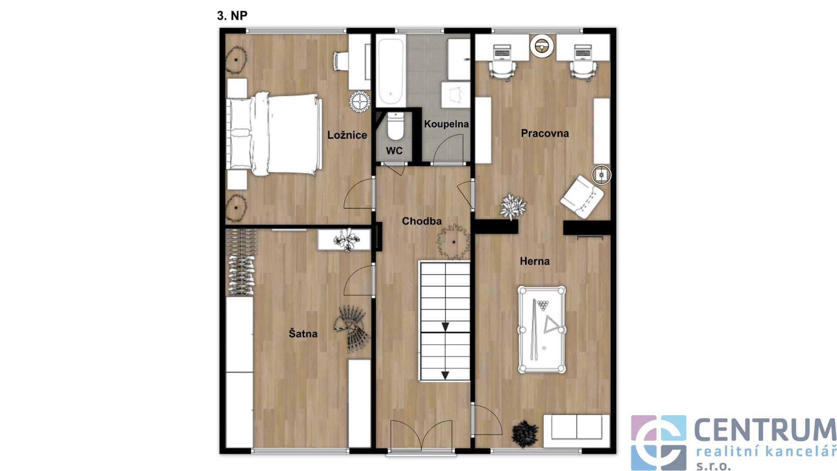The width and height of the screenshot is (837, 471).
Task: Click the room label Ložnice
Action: click(x=347, y=135)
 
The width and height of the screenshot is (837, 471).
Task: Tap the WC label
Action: click(x=394, y=151)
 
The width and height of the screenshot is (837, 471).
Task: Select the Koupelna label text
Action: click(x=446, y=124)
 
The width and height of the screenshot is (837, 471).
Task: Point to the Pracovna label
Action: click(x=545, y=133)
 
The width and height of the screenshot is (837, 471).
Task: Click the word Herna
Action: click(x=534, y=261)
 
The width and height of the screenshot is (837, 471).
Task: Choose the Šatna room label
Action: click(x=303, y=334)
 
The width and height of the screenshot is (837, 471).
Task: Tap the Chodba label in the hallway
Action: click(x=422, y=221)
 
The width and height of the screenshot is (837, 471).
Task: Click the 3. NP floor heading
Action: click(x=232, y=16)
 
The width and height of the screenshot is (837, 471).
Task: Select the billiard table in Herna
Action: click(x=542, y=330)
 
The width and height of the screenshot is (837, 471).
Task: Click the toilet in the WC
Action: click(x=395, y=126)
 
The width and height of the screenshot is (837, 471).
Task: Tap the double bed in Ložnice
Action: click(x=274, y=134)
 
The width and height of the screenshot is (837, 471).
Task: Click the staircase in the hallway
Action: click(x=445, y=321)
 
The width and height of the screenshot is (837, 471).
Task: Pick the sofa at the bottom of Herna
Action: click(x=576, y=431)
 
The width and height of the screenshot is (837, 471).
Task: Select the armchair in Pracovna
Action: click(x=582, y=197)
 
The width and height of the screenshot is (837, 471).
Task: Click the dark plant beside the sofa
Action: click(x=525, y=433)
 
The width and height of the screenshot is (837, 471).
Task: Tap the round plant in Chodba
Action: click(x=453, y=242)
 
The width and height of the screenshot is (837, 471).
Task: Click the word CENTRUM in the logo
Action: click(x=765, y=430)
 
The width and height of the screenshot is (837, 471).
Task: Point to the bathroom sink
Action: click(x=456, y=95)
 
